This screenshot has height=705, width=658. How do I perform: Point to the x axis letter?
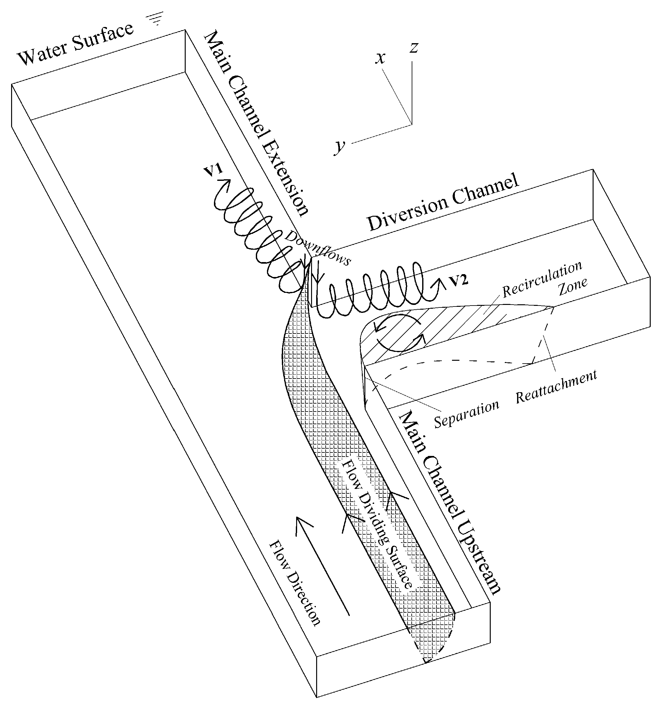coord(380,58)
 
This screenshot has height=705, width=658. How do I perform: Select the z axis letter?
coord(414,47)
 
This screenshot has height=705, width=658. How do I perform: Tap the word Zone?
coord(573,287)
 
